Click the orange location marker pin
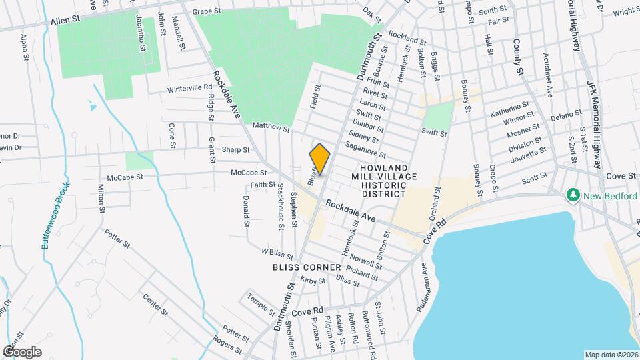point(320,159)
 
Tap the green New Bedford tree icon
point(572,195)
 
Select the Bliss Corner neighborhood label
point(300,266)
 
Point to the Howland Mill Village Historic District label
point(383,181)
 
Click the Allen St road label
point(65,21)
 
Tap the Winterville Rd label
point(189,89)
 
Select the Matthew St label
point(271,126)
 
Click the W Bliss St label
point(277,253)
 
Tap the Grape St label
point(207,12)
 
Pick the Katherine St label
point(509,109)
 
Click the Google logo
point(22,351)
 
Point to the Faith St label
point(263,185)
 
